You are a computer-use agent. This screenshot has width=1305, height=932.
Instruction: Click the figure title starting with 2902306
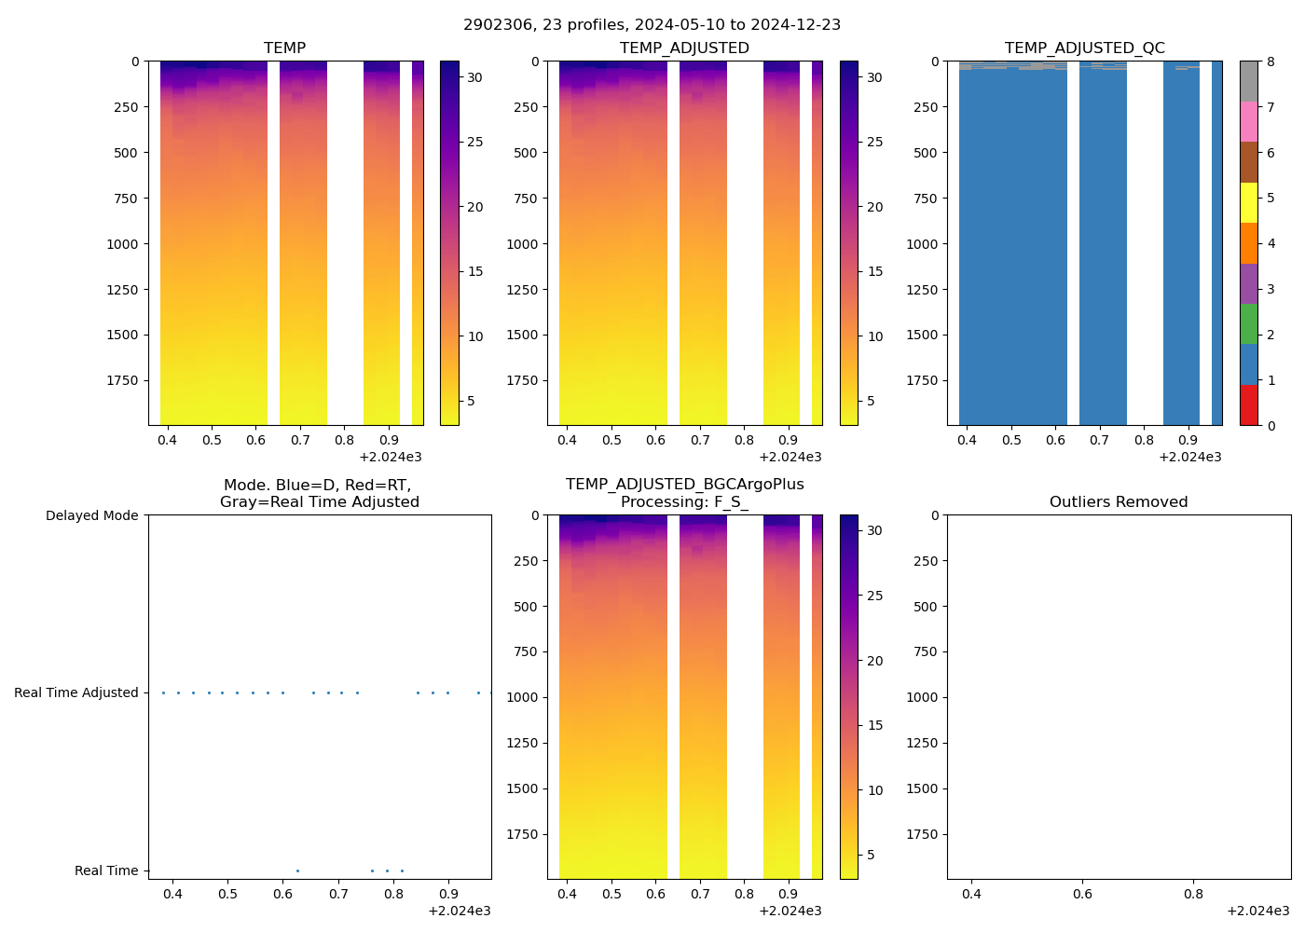[652, 24]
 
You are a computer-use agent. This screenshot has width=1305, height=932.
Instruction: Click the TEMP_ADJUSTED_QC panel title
[1084, 48]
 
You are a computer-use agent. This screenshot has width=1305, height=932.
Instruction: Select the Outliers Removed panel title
[1118, 501]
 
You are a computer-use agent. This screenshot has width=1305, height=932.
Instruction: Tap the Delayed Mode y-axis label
[91, 515]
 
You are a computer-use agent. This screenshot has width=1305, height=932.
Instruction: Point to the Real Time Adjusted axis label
[76, 692]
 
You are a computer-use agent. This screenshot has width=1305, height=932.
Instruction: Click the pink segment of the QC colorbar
[1248, 121]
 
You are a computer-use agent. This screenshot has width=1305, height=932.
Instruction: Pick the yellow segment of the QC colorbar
[1248, 202]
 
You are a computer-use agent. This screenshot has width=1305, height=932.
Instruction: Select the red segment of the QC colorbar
[1248, 405]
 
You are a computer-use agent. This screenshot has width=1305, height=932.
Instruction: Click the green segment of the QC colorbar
[1248, 323]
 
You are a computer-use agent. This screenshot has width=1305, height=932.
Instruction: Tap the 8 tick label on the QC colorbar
[1271, 62]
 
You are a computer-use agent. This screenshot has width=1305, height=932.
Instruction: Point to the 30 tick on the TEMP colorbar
[474, 77]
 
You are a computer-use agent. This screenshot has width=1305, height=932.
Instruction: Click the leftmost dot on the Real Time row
[297, 870]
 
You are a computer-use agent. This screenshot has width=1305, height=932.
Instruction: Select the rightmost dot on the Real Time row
[402, 870]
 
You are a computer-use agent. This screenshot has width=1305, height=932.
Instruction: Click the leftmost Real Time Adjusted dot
[163, 692]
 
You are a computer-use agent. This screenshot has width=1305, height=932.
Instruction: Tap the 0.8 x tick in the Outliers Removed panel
[1193, 894]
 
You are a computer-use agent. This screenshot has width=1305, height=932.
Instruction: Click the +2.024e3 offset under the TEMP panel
[390, 457]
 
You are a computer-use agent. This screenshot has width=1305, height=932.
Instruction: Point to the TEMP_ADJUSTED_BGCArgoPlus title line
[684, 484]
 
